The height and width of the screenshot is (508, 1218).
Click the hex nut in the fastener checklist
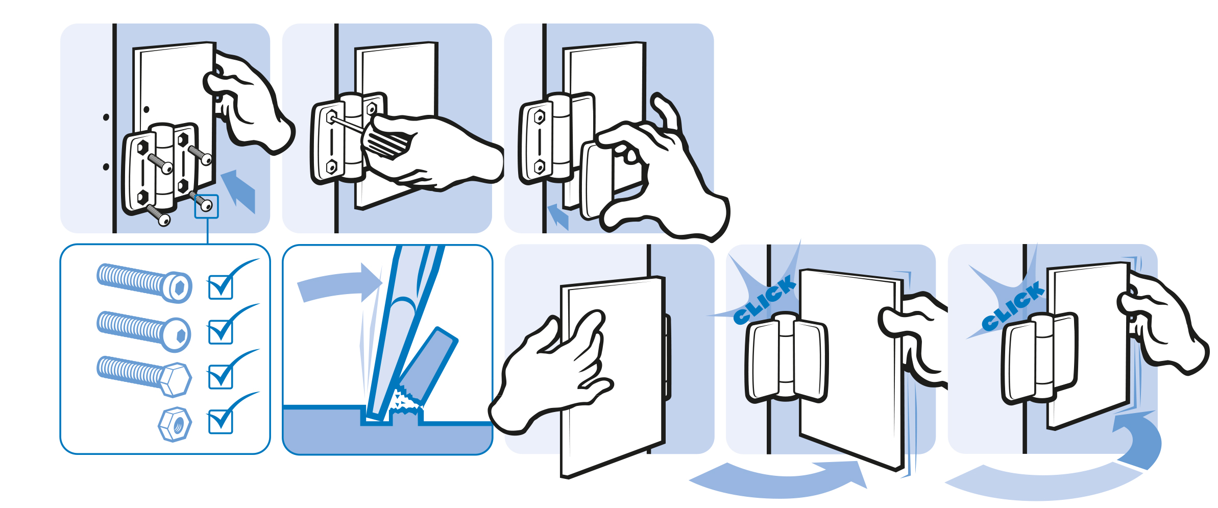point(175,424)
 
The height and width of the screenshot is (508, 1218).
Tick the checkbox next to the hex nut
point(221,422)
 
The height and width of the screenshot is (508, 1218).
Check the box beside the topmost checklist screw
point(221,287)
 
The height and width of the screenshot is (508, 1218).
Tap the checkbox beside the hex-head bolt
point(221,377)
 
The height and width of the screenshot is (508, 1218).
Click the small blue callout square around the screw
point(207,206)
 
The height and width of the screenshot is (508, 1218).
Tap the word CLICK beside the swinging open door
point(764,299)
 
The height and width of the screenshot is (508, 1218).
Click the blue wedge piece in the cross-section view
point(428,366)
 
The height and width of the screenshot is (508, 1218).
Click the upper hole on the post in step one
point(106,117)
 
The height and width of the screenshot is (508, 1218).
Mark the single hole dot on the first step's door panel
point(147,109)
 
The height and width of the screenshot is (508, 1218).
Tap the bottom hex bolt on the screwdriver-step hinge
point(331,167)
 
